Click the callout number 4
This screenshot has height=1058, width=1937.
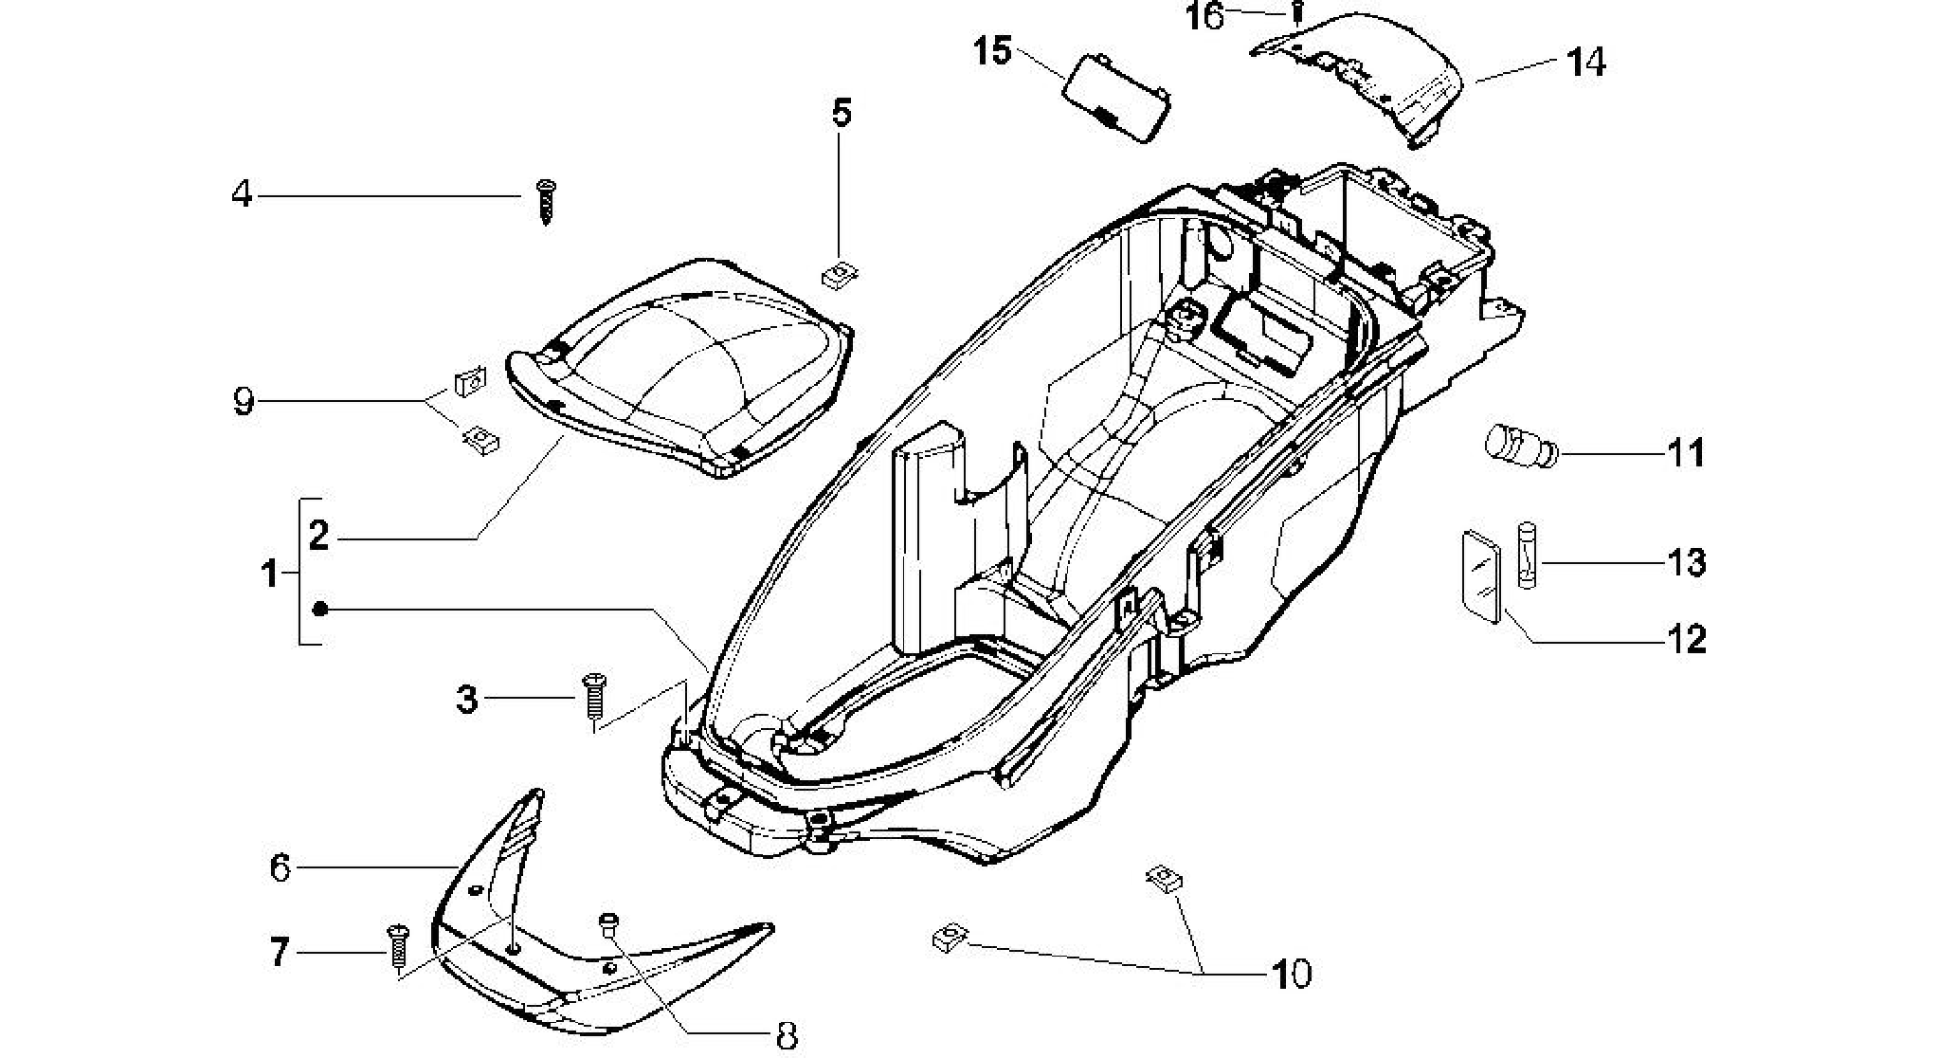click(x=243, y=194)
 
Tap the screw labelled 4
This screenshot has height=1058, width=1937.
click(x=546, y=202)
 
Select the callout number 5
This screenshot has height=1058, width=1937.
click(x=842, y=113)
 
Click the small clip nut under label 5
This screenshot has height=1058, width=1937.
click(x=838, y=275)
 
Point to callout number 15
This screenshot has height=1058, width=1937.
click(x=993, y=50)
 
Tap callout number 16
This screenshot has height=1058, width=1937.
click(x=1206, y=16)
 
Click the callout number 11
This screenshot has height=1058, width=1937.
click(x=1686, y=453)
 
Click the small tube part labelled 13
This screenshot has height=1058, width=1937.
click(x=1527, y=555)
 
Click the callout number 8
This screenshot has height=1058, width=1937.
click(x=787, y=1036)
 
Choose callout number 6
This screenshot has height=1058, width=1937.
click(x=281, y=867)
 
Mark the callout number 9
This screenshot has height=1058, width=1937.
click(x=244, y=402)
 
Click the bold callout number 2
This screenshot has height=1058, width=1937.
click(x=318, y=536)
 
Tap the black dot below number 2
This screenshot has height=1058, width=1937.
click(x=320, y=609)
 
